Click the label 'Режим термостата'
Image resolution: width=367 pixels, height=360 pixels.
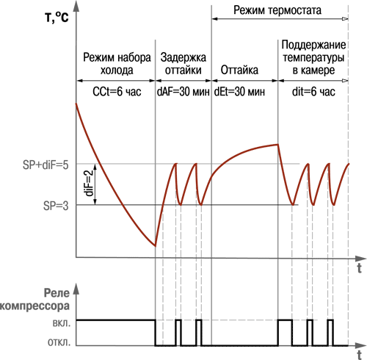277,10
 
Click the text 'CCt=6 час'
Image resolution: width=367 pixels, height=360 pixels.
117,92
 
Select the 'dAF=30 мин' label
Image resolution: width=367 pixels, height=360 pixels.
183,92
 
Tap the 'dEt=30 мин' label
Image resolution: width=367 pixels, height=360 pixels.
239,92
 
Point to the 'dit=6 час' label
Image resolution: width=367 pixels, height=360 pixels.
313,92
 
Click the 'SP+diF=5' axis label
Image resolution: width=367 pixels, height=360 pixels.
46,165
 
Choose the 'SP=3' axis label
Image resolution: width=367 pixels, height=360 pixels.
56,206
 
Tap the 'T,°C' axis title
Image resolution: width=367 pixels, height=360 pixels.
57,18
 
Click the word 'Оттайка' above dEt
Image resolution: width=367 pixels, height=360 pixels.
239,70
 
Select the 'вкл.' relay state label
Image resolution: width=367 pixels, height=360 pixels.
62,323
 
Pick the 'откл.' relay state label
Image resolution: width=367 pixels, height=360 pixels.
59,342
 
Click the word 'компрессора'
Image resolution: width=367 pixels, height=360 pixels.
34,306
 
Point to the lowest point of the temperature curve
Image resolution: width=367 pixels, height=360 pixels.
155,246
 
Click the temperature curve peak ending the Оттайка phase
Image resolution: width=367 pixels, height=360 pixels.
278,144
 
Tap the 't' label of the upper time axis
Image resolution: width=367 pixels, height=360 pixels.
359,268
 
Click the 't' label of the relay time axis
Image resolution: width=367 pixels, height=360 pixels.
359,355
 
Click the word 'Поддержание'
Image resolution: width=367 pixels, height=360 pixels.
313,45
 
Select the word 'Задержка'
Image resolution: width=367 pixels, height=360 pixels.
183,57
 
